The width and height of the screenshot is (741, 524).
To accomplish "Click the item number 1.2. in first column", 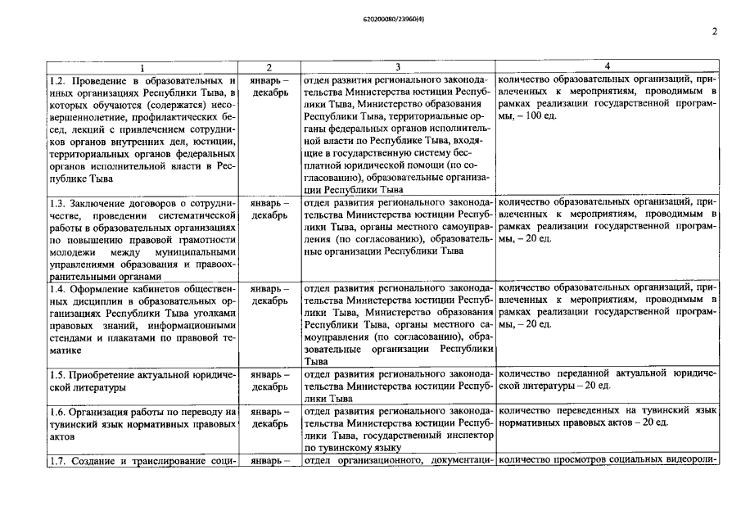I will (56, 80).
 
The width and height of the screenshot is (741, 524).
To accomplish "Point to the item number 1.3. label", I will (56, 202).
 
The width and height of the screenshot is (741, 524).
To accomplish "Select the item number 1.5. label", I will (56, 373).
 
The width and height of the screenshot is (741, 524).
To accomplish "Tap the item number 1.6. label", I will (56, 411).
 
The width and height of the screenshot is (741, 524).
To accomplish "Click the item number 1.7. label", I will (56, 461).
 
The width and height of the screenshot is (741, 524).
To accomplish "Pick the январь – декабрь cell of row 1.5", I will (269, 380).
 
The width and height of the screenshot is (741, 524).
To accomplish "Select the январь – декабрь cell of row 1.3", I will (269, 209).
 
